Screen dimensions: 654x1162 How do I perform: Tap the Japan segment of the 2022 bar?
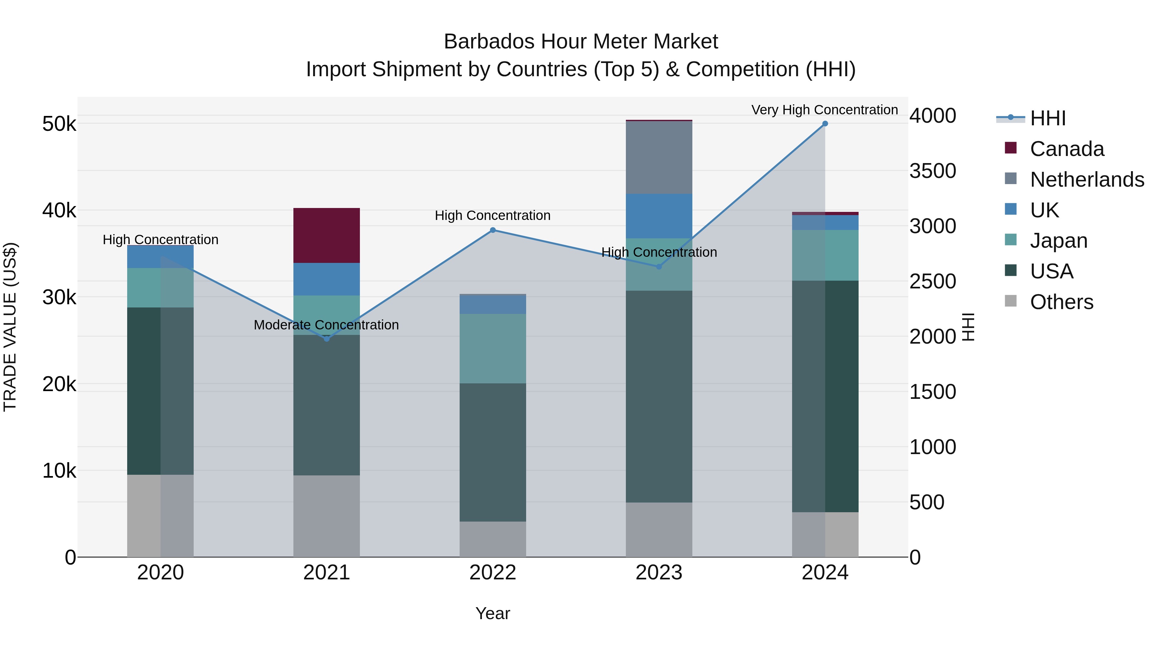click(x=493, y=348)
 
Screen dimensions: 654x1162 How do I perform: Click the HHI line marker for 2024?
click(x=825, y=124)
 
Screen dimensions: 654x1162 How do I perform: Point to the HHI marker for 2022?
click(x=493, y=230)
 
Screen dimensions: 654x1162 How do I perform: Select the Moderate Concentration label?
click(x=326, y=325)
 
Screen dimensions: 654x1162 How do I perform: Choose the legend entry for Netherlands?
click(x=1087, y=180)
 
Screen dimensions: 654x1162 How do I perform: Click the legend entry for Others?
click(x=1061, y=302)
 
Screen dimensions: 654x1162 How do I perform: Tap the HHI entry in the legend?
click(x=1047, y=118)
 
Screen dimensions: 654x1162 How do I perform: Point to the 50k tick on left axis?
click(x=59, y=124)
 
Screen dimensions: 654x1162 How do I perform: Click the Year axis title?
click(x=493, y=613)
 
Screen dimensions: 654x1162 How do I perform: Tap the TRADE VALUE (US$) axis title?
click(x=10, y=327)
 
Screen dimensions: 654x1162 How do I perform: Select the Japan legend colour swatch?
click(x=1011, y=240)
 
